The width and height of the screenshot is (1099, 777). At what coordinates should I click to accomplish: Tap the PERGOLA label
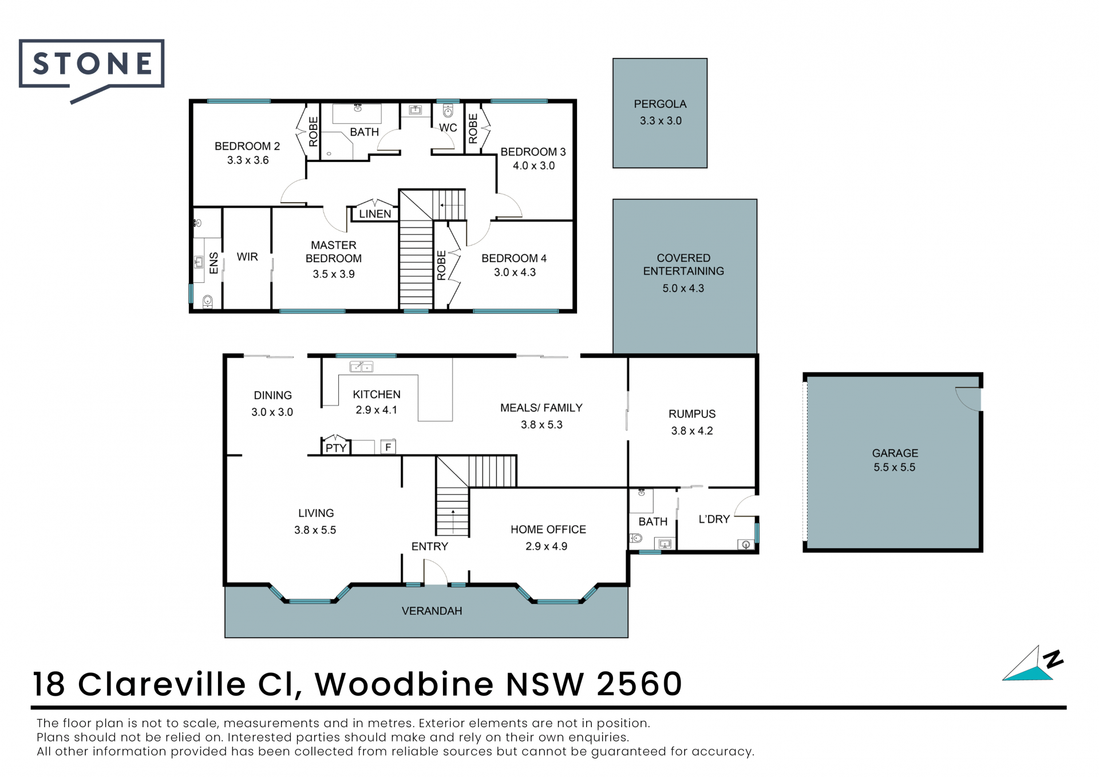tap(660, 104)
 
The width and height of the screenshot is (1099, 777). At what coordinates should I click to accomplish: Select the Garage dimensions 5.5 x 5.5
tap(894, 468)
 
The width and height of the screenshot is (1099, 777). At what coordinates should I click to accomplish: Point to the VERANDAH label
tap(432, 611)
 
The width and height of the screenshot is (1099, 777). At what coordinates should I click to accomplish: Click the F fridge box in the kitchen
tap(388, 447)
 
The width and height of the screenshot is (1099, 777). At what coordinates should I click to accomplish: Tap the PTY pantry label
tap(336, 448)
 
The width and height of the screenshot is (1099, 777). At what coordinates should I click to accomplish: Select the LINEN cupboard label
tap(375, 214)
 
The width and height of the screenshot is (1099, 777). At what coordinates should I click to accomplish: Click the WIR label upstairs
tap(247, 257)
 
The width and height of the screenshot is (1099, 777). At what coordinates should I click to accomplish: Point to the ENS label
tap(214, 263)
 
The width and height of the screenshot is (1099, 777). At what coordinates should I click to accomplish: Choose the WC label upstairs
tap(448, 128)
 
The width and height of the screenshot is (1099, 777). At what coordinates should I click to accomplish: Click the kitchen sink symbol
tap(361, 366)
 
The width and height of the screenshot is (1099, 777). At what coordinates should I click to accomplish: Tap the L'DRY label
tap(714, 519)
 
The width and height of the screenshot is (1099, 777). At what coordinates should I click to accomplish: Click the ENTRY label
tap(429, 546)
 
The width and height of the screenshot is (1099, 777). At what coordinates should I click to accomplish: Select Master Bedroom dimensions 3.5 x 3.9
tap(334, 274)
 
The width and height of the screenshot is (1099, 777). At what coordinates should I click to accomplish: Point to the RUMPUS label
tap(692, 414)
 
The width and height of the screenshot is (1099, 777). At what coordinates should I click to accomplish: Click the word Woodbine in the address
tap(404, 684)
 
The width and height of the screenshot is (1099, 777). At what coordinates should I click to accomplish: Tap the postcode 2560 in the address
tap(639, 684)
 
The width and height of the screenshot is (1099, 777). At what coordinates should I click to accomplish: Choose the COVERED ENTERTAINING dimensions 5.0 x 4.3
tap(683, 289)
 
